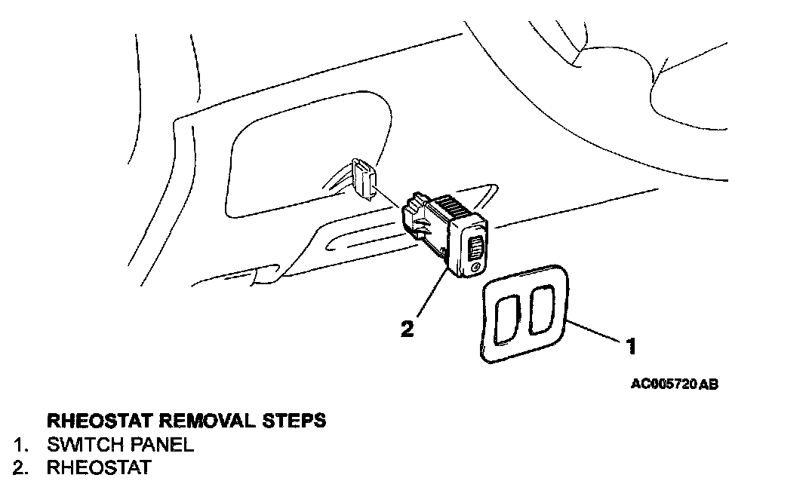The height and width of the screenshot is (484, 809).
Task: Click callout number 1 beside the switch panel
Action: [632, 346]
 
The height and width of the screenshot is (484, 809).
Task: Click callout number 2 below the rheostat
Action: [408, 329]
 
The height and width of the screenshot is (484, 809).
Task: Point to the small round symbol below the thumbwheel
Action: [473, 268]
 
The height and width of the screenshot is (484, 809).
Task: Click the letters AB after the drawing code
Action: [708, 384]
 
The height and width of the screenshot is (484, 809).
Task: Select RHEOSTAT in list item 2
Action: [98, 468]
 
